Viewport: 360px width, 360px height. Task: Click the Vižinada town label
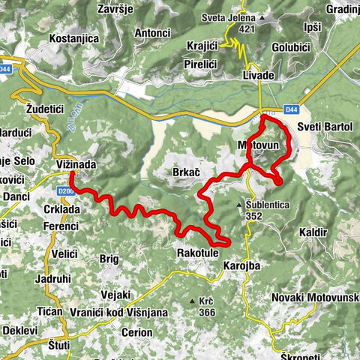[77, 163]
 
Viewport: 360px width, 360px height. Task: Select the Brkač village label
[185, 172]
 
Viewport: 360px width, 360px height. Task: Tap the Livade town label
[258, 76]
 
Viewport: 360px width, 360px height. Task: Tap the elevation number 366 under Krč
[206, 313]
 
